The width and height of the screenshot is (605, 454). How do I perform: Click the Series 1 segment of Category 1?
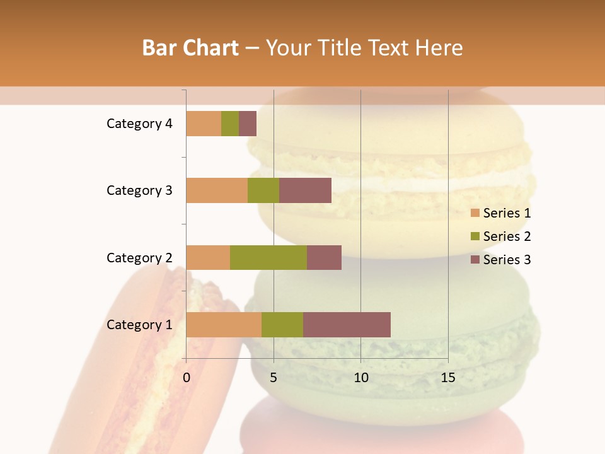[224, 325]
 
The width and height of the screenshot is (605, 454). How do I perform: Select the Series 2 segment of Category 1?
[282, 325]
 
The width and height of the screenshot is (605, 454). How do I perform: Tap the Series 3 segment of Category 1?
[347, 325]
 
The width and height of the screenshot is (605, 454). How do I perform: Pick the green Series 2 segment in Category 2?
[268, 257]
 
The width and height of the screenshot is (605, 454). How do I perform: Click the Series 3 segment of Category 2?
[324, 257]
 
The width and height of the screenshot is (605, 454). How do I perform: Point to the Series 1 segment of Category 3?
[217, 190]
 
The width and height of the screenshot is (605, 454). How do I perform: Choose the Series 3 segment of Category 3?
[305, 190]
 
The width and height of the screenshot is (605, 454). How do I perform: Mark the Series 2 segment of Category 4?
[230, 124]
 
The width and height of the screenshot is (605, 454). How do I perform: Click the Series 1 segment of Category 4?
[204, 124]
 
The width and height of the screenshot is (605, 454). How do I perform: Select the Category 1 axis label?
[139, 325]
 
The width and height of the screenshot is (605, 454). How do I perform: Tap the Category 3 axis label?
[139, 190]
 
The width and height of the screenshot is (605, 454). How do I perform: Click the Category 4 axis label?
[139, 124]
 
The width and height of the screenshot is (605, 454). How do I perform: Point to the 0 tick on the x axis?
[187, 378]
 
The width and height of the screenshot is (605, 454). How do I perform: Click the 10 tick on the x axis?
[360, 378]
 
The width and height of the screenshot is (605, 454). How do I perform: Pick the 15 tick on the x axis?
[448, 378]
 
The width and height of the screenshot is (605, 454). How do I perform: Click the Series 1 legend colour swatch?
[475, 213]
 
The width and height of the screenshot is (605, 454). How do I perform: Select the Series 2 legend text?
[507, 236]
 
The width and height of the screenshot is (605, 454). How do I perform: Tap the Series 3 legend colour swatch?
[475, 260]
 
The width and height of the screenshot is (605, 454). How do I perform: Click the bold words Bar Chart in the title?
[190, 48]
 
